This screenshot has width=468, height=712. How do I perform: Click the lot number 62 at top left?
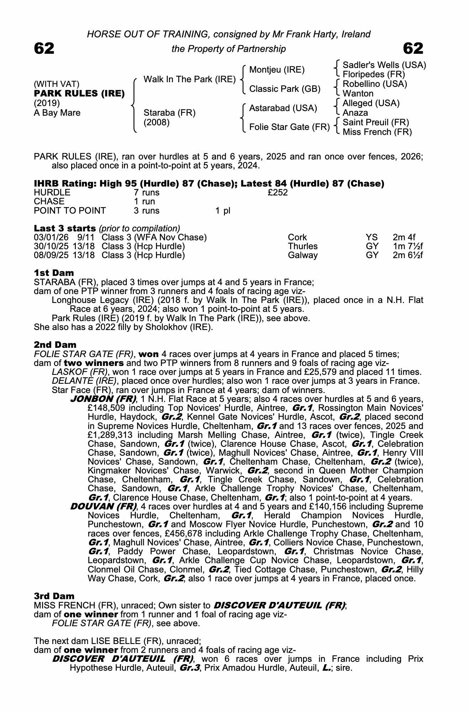[44, 48]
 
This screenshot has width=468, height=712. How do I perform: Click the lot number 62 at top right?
[413, 48]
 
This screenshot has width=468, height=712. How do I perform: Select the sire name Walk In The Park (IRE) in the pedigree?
[189, 79]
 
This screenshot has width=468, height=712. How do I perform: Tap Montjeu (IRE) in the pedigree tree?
[277, 70]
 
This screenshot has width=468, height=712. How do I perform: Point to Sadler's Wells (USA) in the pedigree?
[384, 65]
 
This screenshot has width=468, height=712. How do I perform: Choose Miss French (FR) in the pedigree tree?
[377, 132]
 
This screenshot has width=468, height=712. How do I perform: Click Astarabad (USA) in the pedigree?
[283, 108]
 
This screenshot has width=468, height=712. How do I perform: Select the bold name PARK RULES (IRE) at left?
[79, 94]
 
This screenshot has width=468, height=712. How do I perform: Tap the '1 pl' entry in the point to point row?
[222, 211]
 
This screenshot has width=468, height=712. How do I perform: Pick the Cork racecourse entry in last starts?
[297, 237]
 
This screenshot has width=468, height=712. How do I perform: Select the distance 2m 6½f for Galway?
[407, 255]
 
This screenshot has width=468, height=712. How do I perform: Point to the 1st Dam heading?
[54, 273]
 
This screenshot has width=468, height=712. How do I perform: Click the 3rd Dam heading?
[54, 596]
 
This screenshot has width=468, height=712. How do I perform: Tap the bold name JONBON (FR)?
[103, 399]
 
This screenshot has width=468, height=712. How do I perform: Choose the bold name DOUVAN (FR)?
[104, 506]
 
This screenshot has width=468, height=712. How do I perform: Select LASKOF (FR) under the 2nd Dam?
[80, 372]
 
